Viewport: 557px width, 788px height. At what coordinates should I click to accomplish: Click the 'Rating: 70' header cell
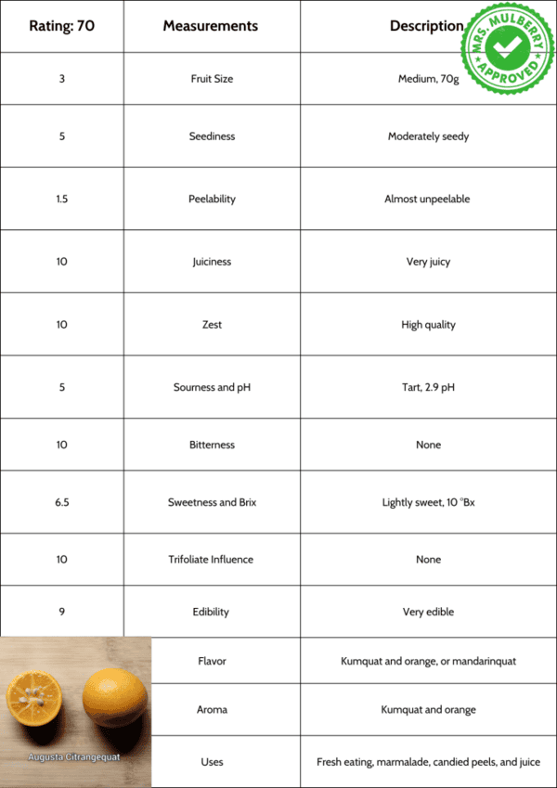pyautogui.click(x=61, y=26)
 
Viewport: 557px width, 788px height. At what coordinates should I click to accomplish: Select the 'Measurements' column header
pyautogui.click(x=211, y=26)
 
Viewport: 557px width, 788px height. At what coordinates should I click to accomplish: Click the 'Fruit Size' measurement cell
pyautogui.click(x=212, y=79)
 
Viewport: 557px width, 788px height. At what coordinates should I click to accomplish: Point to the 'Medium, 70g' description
pyautogui.click(x=428, y=79)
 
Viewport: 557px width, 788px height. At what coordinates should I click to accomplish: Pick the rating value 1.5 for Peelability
pyautogui.click(x=61, y=199)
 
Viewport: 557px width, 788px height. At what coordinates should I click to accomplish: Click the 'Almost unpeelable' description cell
pyautogui.click(x=428, y=199)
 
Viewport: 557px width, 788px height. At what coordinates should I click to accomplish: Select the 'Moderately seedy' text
pyautogui.click(x=428, y=136)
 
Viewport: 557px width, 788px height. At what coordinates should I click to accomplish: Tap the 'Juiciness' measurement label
pyautogui.click(x=212, y=262)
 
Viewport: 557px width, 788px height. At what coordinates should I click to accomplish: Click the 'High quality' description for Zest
pyautogui.click(x=428, y=325)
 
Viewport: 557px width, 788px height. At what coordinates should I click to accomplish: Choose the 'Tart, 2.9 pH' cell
pyautogui.click(x=428, y=387)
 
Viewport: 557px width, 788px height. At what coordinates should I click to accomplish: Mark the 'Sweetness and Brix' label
pyautogui.click(x=212, y=502)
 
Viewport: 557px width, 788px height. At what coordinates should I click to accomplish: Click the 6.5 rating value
pyautogui.click(x=61, y=502)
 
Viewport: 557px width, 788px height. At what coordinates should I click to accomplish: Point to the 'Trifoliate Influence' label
pyautogui.click(x=212, y=560)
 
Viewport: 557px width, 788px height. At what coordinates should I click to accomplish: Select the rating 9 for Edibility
pyautogui.click(x=61, y=612)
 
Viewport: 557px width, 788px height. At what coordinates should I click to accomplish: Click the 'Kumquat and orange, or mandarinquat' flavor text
pyautogui.click(x=428, y=662)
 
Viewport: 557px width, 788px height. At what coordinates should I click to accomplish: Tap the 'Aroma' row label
pyautogui.click(x=212, y=710)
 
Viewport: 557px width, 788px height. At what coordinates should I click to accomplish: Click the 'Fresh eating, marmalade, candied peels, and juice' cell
pyautogui.click(x=428, y=762)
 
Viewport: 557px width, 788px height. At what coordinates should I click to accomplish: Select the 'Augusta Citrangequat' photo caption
pyautogui.click(x=74, y=756)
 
